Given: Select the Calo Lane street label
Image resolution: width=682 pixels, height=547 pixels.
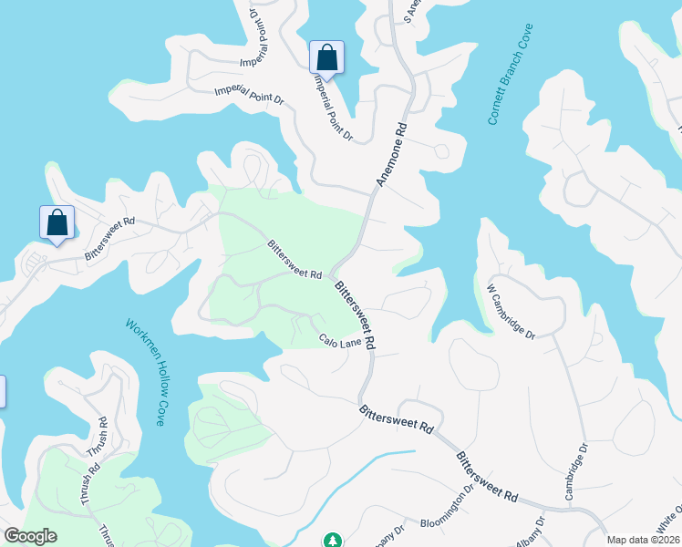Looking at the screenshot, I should click(340, 340).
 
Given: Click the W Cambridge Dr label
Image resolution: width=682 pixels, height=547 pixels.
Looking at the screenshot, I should click(511, 311).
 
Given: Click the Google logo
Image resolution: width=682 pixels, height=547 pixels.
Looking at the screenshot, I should click(30, 536).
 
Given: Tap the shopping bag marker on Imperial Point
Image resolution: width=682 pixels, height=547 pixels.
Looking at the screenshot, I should click(326, 58).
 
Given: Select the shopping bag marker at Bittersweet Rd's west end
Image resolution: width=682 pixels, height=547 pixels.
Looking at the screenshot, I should click(57, 223).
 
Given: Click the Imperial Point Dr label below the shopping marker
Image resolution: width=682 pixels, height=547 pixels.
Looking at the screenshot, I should click(333, 107).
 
